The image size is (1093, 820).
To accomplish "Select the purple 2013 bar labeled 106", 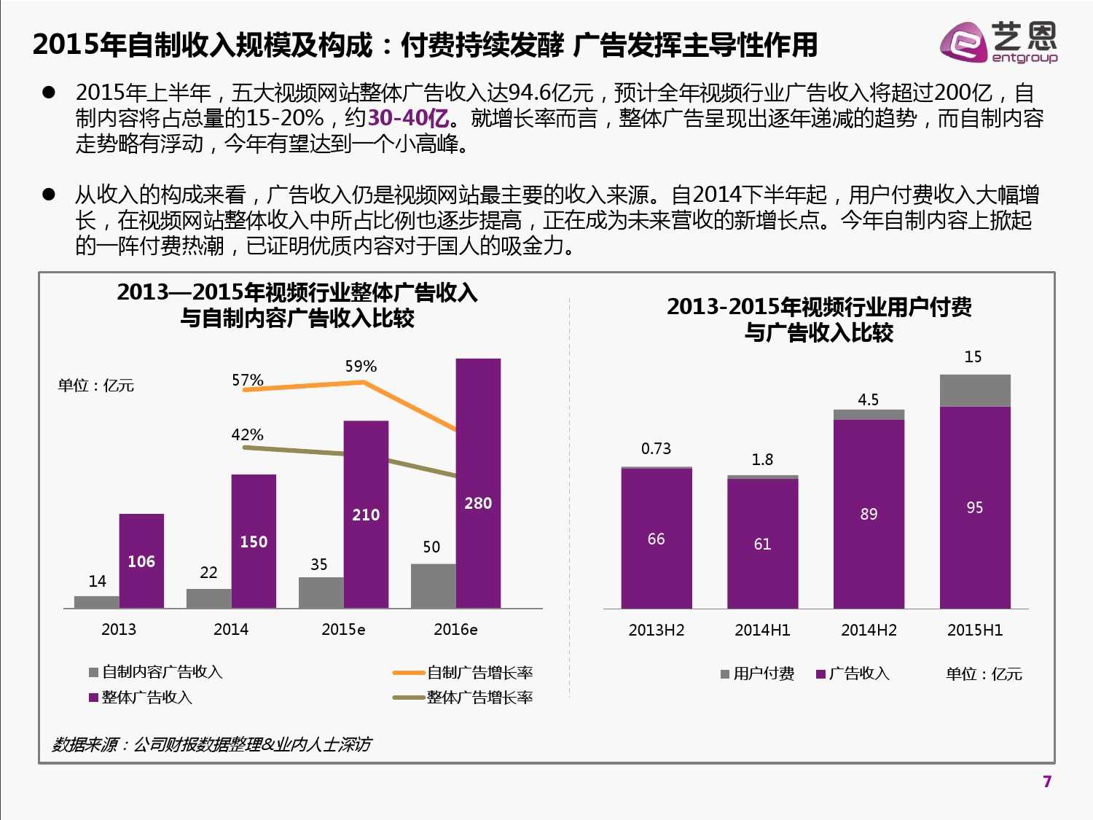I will [141, 561].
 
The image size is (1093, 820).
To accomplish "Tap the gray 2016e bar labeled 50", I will [433, 585].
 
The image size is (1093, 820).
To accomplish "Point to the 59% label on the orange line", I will [361, 366].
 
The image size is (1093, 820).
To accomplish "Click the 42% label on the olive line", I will [247, 434].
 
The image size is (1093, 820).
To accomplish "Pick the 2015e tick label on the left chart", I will [343, 629].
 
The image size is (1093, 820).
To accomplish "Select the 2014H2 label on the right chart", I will [869, 630].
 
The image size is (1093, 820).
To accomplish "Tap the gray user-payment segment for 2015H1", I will [975, 390].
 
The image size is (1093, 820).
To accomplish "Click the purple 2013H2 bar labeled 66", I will [656, 538].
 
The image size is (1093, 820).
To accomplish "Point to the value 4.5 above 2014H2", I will [868, 399].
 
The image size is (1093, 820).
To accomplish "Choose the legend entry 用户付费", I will [757, 673].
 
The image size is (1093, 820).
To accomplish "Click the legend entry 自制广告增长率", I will [463, 672].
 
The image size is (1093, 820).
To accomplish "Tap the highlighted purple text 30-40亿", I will [408, 118].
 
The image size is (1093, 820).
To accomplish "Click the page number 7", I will [1047, 781].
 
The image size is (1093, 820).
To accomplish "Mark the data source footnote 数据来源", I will [211, 744].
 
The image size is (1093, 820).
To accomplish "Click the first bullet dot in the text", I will [49, 93].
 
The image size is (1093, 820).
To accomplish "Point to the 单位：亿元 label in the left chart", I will [96, 386].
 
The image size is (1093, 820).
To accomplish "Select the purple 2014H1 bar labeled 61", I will [762, 543].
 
